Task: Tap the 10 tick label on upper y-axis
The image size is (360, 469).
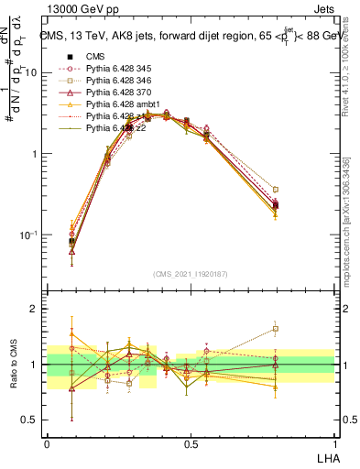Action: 31,72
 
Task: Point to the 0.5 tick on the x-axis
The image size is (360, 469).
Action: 191,442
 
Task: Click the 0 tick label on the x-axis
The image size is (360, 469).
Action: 47,442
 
